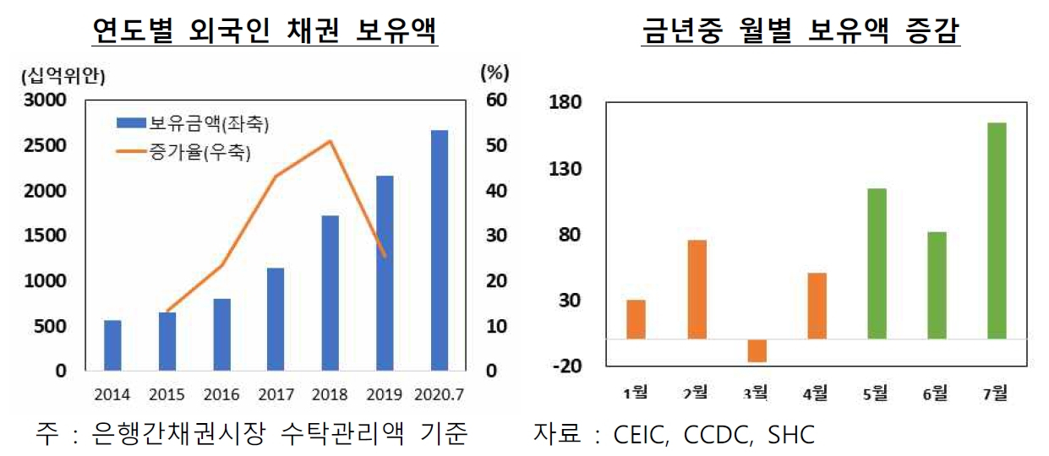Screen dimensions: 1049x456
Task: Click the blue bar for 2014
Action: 112,345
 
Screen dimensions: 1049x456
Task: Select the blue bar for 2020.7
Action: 440,251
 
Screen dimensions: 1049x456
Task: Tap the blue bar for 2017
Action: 276,319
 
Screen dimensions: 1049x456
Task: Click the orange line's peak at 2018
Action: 331,141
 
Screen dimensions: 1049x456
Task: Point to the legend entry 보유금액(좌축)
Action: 193,124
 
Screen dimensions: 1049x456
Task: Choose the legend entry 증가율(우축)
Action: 183,152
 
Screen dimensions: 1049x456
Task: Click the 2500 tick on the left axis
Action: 45,145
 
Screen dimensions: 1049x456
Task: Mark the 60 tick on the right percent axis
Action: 496,100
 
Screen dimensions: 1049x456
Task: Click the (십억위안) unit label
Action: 63,76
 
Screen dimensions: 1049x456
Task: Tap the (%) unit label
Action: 495,73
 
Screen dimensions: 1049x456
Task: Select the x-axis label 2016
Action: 221,394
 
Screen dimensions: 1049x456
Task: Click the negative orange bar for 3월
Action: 757,350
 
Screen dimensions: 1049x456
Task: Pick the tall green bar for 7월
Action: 997,231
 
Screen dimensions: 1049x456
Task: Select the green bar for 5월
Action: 877,263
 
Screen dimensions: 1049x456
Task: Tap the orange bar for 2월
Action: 697,290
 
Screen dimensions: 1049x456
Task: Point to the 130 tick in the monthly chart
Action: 565,169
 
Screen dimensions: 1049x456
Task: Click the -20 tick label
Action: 567,366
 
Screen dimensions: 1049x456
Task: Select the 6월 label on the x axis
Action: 935,394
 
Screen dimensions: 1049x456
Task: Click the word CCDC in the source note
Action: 717,435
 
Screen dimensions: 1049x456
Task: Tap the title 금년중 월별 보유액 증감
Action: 800,30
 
